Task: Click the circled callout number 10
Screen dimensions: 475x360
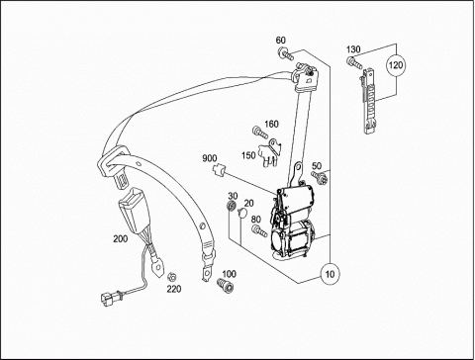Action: point(330,274)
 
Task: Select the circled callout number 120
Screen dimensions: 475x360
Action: point(396,65)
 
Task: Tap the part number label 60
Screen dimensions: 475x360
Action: point(281,41)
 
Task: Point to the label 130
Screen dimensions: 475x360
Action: point(353,49)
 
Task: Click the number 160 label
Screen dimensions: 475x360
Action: point(271,124)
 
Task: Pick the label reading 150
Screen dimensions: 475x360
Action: point(248,155)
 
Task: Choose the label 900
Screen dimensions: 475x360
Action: point(210,158)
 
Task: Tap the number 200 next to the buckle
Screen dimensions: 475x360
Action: point(121,238)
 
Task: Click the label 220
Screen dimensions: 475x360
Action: point(174,289)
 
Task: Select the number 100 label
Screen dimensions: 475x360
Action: point(229,274)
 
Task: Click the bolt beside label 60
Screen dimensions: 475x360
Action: point(286,53)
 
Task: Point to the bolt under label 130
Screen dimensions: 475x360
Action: point(354,62)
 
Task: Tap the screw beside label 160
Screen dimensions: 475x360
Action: point(260,132)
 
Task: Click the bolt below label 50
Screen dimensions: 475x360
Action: point(320,177)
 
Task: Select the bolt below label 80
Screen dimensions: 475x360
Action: point(259,230)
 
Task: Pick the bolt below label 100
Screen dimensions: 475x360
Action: point(226,285)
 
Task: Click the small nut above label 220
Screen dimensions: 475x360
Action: point(171,277)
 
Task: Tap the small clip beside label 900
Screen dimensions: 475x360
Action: point(219,170)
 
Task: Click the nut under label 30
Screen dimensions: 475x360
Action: point(232,206)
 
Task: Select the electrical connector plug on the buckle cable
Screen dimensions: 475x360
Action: point(109,298)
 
